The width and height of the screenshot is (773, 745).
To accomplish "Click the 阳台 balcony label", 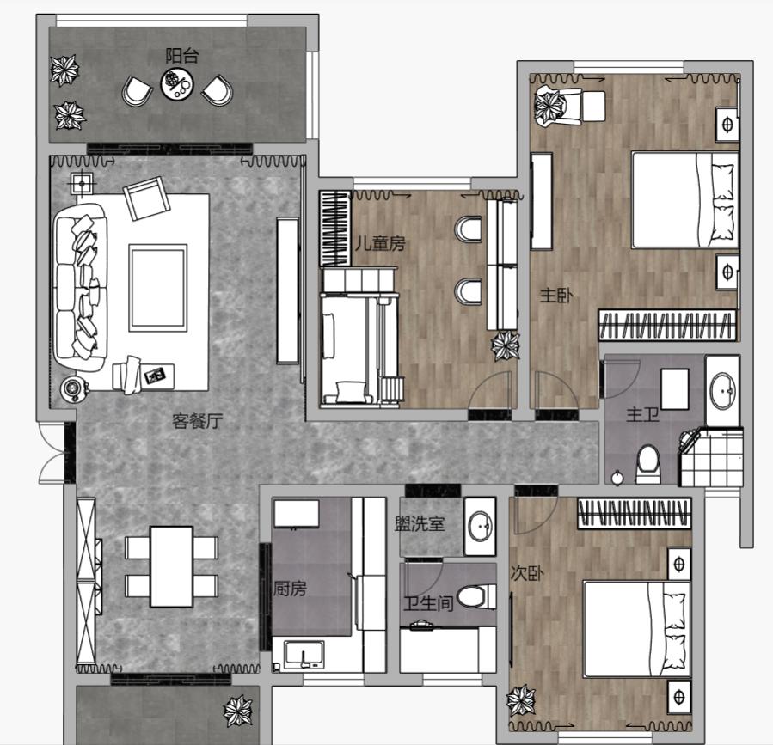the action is (x=182, y=56).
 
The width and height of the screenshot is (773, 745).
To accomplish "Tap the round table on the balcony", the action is (x=177, y=83).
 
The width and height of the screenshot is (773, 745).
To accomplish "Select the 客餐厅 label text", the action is (x=197, y=421).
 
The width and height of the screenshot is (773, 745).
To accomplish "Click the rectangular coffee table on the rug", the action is (x=158, y=288).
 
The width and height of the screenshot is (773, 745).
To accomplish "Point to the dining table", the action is (x=172, y=566).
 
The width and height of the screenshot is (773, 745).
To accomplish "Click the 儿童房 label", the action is (x=380, y=243).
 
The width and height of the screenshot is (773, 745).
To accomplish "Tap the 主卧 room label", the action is (x=556, y=296).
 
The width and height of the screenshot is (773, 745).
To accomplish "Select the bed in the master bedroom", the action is (x=684, y=199).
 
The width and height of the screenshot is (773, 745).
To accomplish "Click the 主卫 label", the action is (x=643, y=414).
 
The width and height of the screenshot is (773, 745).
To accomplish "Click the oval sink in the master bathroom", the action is (x=723, y=391).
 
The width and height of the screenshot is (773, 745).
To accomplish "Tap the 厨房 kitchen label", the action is (x=290, y=589).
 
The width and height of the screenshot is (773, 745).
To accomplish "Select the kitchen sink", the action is (x=304, y=655).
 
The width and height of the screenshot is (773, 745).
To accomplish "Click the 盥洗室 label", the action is (x=420, y=523).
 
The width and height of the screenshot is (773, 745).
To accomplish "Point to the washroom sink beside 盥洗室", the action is (x=480, y=526).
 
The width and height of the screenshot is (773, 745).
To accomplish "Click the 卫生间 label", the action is (x=428, y=603).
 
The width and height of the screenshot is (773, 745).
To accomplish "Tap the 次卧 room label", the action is (x=527, y=573).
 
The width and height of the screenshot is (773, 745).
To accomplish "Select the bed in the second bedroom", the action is (x=636, y=629).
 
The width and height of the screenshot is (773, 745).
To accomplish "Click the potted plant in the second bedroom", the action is (x=521, y=700).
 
